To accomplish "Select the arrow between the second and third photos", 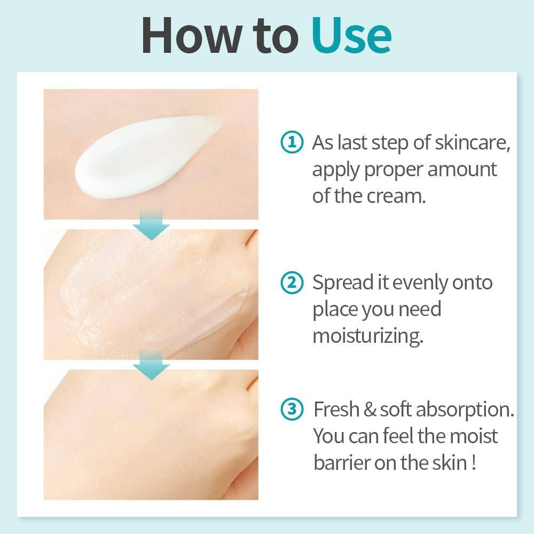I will (x=151, y=365).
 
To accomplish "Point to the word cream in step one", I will (x=397, y=195).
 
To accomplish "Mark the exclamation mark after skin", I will (x=474, y=462).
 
